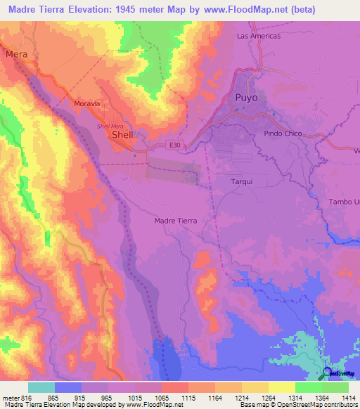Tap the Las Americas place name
point(259,36)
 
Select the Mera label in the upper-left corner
point(15,53)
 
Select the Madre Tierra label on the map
point(175,221)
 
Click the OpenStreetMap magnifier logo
point(328,375)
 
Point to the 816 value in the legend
point(27,398)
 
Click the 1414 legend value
point(347,398)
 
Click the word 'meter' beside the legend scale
point(9,398)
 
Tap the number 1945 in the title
point(129,10)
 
